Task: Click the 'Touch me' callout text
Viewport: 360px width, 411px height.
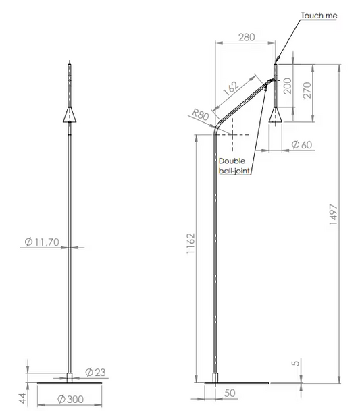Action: pos(318,15)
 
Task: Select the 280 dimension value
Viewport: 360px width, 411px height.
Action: pos(247,37)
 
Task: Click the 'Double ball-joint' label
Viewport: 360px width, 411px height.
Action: pos(234,166)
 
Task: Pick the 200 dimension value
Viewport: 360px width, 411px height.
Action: pos(289,86)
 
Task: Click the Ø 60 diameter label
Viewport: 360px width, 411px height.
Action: pos(301,144)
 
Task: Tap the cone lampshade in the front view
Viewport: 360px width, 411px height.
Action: pos(70,115)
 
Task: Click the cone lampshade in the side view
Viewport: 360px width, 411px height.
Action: pos(276,115)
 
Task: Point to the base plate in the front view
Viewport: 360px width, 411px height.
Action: pos(70,383)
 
